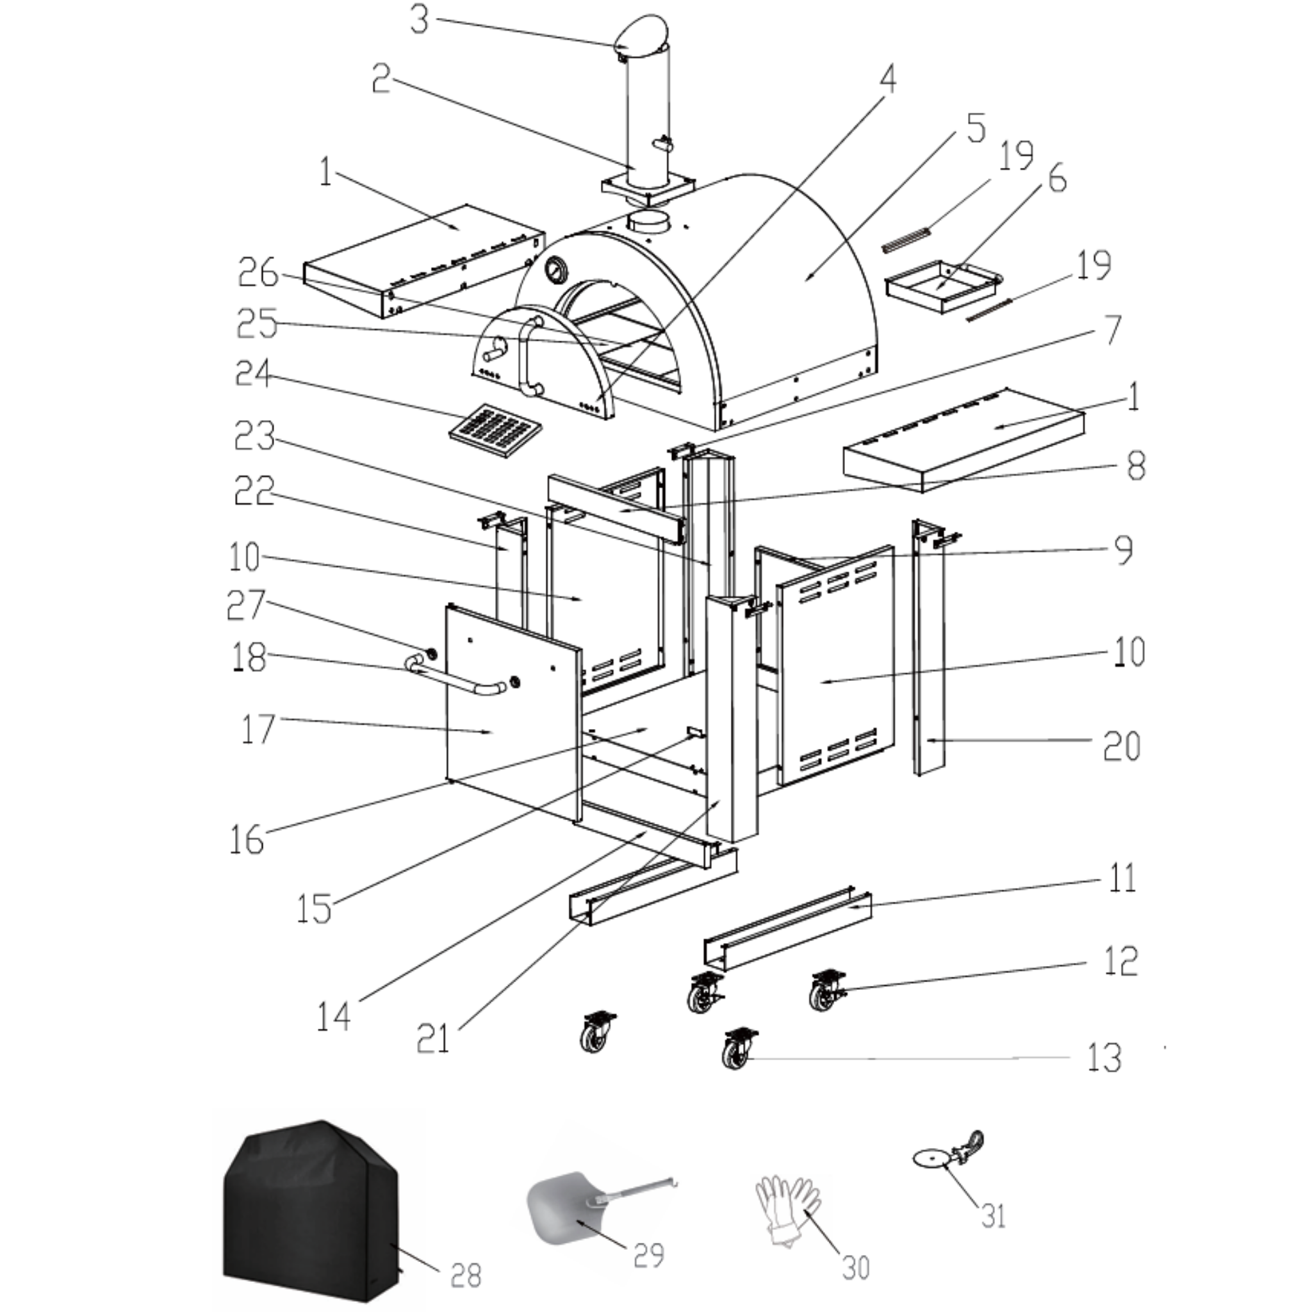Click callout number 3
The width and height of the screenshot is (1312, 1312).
tap(420, 20)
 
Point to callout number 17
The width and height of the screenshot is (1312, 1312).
tap(258, 728)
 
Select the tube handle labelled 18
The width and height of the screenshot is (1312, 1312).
tap(455, 682)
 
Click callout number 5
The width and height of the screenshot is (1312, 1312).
tap(975, 127)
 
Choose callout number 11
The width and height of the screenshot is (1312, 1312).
tap(1121, 878)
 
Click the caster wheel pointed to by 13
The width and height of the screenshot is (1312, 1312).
tap(739, 1050)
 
